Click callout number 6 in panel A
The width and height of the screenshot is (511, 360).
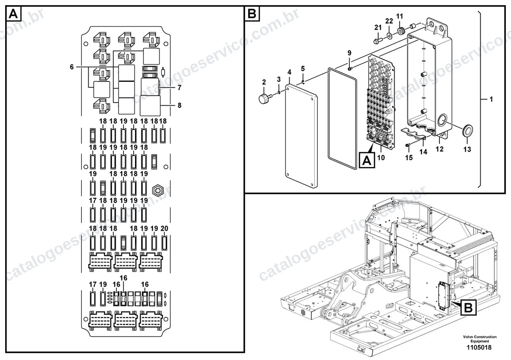coord(72,67)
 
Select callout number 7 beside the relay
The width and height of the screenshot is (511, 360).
coord(180,88)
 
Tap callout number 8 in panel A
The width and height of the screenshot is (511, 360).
coord(180,105)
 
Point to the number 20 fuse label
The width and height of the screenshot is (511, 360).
coord(164,228)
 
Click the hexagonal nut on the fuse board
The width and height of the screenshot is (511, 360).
coord(158,190)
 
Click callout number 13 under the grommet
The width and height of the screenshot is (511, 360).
coord(467,149)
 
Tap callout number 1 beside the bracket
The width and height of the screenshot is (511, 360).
coord(491,99)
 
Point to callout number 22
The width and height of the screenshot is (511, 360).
coord(389,21)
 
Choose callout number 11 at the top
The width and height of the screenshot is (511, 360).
coord(400,16)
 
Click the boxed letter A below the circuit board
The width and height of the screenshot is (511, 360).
coord(367,160)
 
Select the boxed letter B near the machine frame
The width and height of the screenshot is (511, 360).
coord(468,308)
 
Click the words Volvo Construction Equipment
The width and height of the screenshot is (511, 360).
coord(480,339)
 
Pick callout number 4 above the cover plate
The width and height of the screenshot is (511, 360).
coord(290,72)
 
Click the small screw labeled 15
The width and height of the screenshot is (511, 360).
coord(408,145)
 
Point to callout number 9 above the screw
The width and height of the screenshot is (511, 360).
coord(350,53)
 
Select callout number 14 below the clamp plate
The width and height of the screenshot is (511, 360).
coord(423,152)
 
